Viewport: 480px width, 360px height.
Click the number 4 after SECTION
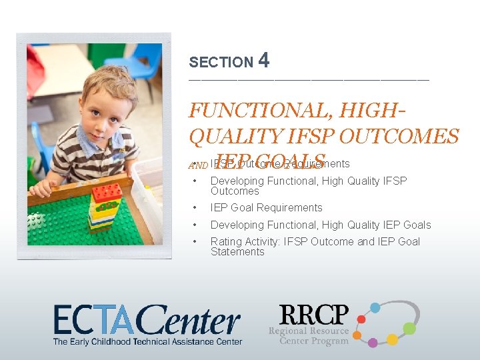pyautogui.click(x=263, y=61)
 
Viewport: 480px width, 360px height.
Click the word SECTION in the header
pyautogui.click(x=221, y=63)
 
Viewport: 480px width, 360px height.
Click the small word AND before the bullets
pyautogui.click(x=197, y=165)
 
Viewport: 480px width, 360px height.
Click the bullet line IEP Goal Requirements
pyautogui.click(x=266, y=208)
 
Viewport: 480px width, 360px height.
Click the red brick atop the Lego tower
pyautogui.click(x=107, y=193)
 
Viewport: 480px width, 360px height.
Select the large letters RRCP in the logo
pyautogui.click(x=313, y=315)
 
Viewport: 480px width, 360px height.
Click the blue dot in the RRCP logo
pyautogui.click(x=375, y=307)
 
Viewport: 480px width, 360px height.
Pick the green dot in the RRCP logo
pyautogui.click(x=409, y=328)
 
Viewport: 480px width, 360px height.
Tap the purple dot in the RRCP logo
pyautogui.click(x=373, y=343)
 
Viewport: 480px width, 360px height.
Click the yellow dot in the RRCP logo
pyautogui.click(x=393, y=339)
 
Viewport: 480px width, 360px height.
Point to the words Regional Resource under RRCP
pyautogui.click(x=308, y=331)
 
